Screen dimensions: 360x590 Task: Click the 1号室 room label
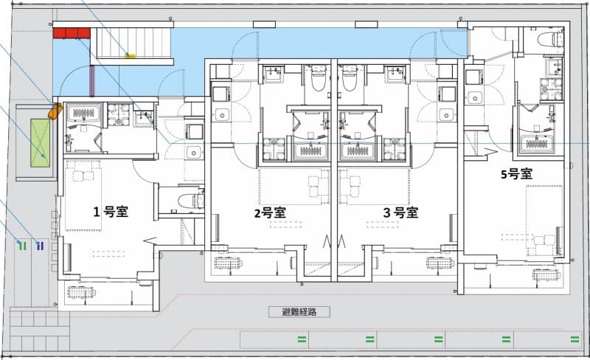point(111,211)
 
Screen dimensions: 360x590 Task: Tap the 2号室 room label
point(270,212)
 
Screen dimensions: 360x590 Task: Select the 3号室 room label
point(400,212)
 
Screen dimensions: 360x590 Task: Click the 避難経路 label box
point(299,312)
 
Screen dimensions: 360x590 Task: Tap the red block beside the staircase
point(71,32)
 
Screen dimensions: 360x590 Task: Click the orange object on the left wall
point(54,111)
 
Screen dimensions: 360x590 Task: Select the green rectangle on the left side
point(41,142)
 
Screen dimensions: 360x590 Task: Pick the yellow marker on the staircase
point(131,54)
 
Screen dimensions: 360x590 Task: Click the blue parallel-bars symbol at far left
point(40,245)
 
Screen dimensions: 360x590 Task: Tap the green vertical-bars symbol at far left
point(23,245)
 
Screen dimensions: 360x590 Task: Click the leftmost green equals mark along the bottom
point(302,339)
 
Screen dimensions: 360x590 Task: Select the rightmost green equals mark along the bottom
point(575,339)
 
